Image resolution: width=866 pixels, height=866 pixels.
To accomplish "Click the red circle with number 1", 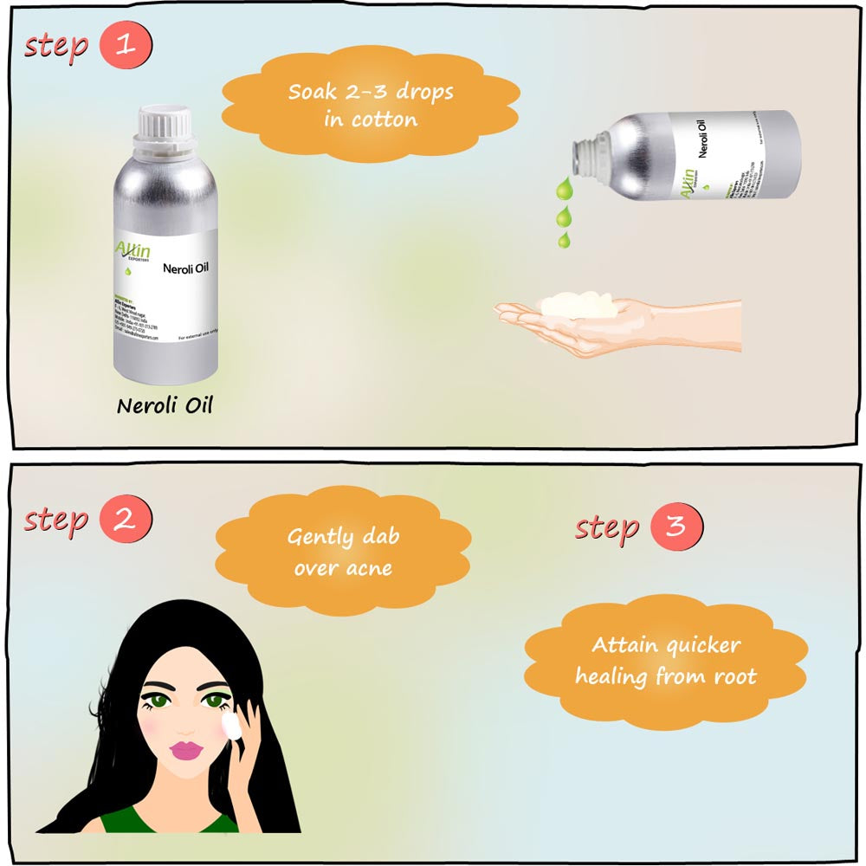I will pos(126,45).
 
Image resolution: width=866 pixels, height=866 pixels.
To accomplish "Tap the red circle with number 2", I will pos(126,520).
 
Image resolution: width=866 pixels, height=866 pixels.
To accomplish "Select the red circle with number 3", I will pos(676,527).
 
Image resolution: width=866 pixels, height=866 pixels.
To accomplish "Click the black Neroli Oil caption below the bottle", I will pos(165,405).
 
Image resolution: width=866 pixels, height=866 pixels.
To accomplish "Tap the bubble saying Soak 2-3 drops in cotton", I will pos(371,106).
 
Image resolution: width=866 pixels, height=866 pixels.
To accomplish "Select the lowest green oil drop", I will pos(564,239).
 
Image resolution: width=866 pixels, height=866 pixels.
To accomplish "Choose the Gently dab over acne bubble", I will pos(343,553).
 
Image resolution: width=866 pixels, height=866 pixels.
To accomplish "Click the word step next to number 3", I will pos(606,527).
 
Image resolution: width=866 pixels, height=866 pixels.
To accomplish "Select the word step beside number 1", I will pos(56,45).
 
